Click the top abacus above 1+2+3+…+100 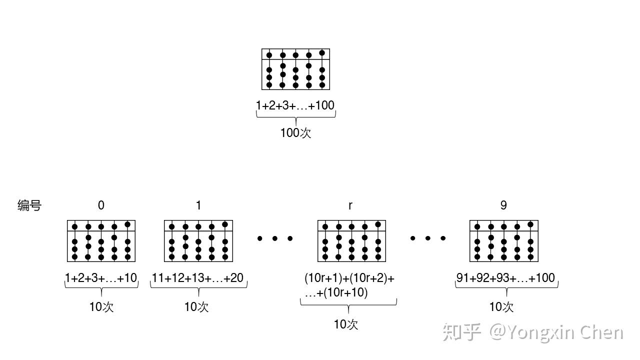[295, 69]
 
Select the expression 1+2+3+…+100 [295, 105]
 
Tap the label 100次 [295, 133]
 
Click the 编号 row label [29, 205]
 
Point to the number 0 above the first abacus [101, 205]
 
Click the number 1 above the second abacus [198, 205]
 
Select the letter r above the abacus [350, 205]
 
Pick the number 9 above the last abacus [503, 205]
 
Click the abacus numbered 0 [101, 241]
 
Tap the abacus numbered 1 [198, 241]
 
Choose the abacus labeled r [351, 241]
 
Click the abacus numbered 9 [504, 241]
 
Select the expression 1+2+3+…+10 [101, 278]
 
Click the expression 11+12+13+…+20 [198, 278]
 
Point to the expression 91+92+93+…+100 [506, 278]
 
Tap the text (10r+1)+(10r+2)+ [349, 278]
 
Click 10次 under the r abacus [346, 324]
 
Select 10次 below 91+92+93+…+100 [501, 307]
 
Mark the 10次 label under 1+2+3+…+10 [101, 307]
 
